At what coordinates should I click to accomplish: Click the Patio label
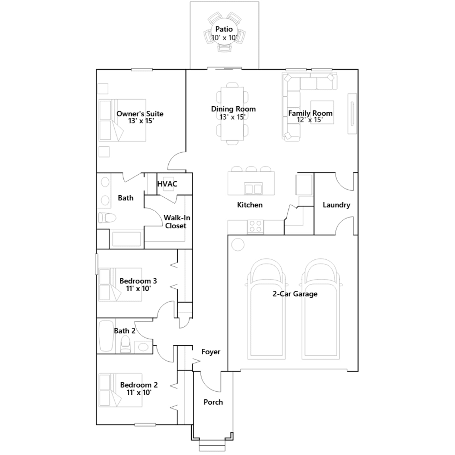224,29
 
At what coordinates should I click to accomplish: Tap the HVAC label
167,184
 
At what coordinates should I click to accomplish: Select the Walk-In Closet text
177,222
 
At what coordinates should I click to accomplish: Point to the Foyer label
211,352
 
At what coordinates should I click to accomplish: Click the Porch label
213,402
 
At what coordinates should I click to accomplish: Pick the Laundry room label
336,205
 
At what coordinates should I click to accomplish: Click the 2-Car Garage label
295,294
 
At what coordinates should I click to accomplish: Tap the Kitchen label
250,205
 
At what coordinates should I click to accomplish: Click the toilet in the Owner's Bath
107,218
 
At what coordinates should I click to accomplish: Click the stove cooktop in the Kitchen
255,227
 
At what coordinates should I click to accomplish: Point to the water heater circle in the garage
238,245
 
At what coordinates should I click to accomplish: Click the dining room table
232,114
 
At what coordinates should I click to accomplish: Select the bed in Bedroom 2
120,390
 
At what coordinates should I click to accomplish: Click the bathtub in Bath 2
106,336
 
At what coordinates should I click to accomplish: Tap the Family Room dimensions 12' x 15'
310,120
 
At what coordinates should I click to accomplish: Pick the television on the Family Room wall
353,113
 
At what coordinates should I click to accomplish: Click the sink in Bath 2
143,347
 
